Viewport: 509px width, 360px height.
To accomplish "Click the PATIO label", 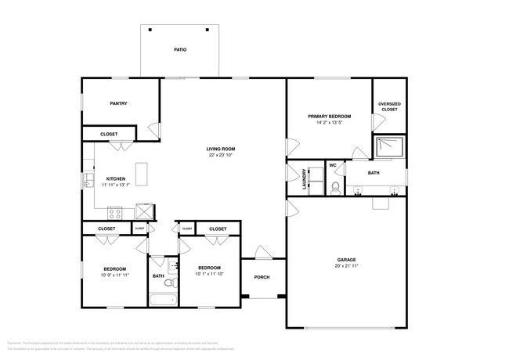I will click(x=179, y=50).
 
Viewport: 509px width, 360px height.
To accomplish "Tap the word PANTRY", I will click(x=119, y=103).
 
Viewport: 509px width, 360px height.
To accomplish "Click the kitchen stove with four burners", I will click(x=115, y=211).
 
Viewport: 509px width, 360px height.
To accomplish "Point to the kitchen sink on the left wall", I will click(x=88, y=182).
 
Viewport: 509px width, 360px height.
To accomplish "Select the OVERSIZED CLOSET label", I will click(x=389, y=106).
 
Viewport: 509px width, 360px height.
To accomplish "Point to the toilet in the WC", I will click(x=334, y=186).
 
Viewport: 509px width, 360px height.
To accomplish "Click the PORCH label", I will click(x=262, y=277).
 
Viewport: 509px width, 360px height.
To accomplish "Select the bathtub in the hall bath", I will click(x=162, y=300).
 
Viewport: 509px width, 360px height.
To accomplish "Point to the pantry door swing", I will click(x=154, y=131).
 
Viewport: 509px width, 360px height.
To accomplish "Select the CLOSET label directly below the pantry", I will click(x=109, y=135).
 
